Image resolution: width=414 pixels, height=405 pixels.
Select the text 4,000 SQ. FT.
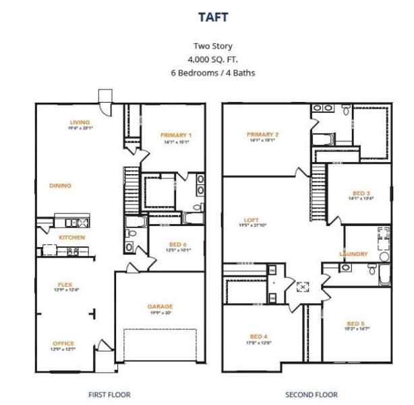point(213,59)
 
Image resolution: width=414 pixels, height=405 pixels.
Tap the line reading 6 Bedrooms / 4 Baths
point(213,72)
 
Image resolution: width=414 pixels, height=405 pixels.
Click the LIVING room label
point(80,122)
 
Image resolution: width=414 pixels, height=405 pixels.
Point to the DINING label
point(60,186)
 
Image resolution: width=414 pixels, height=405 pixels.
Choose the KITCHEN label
point(71,238)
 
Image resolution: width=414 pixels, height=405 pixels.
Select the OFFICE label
point(63,344)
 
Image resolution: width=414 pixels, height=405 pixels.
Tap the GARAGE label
point(160,306)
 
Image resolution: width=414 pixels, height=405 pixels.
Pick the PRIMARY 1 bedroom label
point(176,135)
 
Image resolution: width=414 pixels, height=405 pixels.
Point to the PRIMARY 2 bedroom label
point(263,134)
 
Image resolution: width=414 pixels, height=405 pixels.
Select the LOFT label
point(252,220)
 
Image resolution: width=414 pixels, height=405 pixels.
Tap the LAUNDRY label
point(353,254)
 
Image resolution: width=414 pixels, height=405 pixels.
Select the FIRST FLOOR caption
point(109,394)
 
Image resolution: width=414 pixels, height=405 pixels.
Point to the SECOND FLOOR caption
point(311,394)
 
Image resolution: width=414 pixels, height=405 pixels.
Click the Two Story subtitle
point(213,47)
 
